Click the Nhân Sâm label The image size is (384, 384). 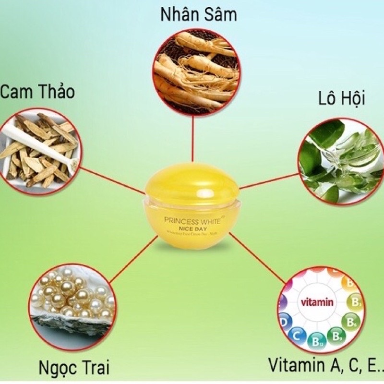pos(198,15)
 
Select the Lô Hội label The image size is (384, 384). pos(342,99)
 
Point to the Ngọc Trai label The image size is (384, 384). pos(74,368)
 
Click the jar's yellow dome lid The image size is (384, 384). pos(192,183)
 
